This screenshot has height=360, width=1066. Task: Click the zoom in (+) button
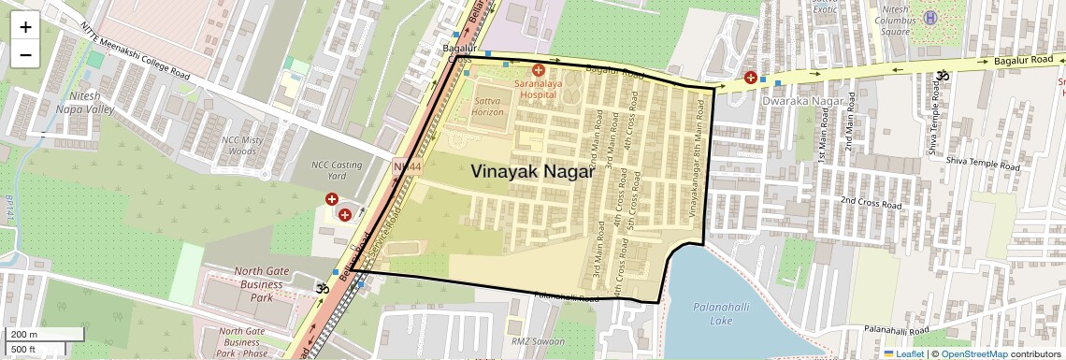25,27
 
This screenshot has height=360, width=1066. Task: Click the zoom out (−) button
25,54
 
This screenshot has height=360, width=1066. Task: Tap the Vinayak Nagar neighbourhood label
533,171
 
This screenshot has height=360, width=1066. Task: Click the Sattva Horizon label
487,105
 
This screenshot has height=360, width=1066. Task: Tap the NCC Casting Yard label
336,169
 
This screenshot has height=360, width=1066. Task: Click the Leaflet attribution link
903,353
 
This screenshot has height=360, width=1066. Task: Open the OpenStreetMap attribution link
973,353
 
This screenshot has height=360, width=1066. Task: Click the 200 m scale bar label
25,334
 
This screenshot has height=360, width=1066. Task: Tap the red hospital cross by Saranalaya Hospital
538,70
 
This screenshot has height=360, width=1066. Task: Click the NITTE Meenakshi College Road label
136,50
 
